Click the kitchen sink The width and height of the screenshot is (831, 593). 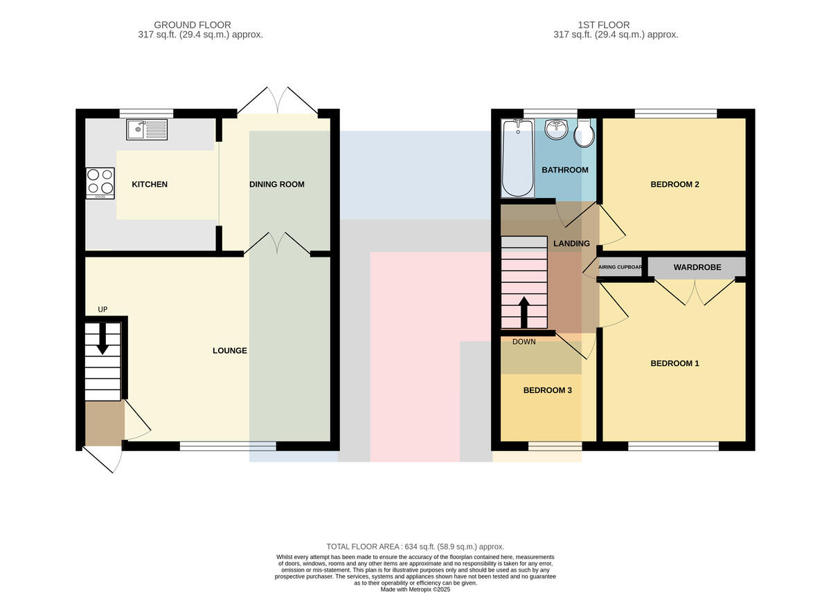147,129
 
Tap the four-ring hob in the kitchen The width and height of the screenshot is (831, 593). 100,183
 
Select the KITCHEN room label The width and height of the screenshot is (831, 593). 150,184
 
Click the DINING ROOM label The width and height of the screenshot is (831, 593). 277,184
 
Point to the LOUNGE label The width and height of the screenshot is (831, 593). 230,351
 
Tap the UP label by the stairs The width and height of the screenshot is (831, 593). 102,309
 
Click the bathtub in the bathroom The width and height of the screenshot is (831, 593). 518,158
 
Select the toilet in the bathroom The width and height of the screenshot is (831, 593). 584,133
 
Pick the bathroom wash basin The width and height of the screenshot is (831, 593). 556,129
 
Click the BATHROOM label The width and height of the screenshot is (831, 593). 565,170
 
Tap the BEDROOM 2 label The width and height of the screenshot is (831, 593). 674,184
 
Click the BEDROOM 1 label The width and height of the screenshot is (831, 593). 674,363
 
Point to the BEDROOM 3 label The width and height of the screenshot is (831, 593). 548,390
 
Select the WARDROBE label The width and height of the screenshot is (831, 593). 697,267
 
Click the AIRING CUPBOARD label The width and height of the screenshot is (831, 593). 620,267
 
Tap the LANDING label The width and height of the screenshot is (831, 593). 572,244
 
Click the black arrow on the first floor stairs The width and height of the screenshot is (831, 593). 524,312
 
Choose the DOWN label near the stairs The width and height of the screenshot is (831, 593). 524,342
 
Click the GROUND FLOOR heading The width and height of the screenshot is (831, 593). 193,25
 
